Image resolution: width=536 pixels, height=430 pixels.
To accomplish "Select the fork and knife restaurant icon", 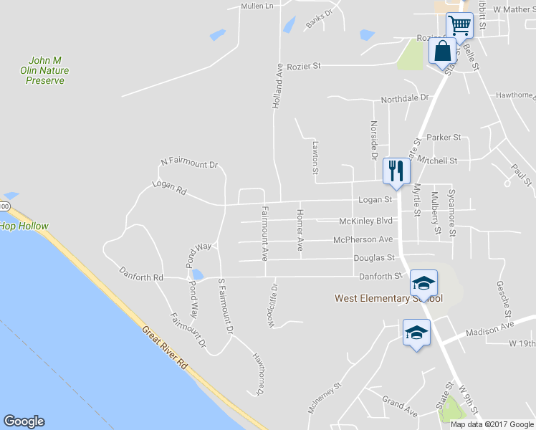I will pyautogui.click(x=396, y=171).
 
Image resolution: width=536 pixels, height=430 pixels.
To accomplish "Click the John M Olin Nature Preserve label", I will pyautogui.click(x=45, y=71).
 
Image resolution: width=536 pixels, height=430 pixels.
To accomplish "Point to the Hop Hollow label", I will pyautogui.click(x=24, y=226).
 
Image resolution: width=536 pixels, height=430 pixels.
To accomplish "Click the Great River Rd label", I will pyautogui.click(x=165, y=349).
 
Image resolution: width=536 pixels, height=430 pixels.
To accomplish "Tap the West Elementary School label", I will pyautogui.click(x=388, y=298).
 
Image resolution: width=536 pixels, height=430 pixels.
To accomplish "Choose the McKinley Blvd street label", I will pyautogui.click(x=366, y=221).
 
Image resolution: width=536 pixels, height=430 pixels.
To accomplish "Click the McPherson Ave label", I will pyautogui.click(x=363, y=239).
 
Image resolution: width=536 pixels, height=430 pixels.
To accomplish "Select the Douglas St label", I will pyautogui.click(x=374, y=258).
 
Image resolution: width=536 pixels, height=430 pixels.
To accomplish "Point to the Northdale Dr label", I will pyautogui.click(x=404, y=98).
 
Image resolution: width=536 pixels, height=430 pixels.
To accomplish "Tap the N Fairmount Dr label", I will pyautogui.click(x=189, y=164).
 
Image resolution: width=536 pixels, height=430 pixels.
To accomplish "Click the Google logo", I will pyautogui.click(x=24, y=421).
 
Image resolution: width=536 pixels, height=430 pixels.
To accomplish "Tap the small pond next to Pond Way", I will pyautogui.click(x=197, y=275).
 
